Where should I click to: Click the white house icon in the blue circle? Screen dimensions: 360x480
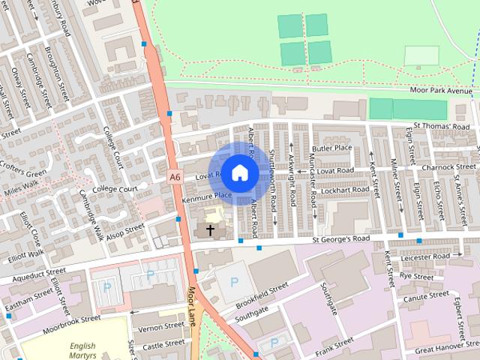click(x=239, y=172)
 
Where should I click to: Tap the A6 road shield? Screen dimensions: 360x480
click(x=175, y=177)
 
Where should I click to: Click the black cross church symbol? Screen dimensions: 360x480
click(x=210, y=229)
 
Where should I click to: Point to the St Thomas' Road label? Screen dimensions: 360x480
click(x=442, y=127)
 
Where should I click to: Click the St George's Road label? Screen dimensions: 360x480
click(x=341, y=239)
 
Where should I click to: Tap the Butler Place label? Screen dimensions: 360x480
click(x=332, y=148)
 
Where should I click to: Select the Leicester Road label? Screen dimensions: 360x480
click(x=425, y=256)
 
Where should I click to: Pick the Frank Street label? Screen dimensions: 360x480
click(x=334, y=344)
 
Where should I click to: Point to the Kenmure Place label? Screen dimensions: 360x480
click(x=207, y=196)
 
